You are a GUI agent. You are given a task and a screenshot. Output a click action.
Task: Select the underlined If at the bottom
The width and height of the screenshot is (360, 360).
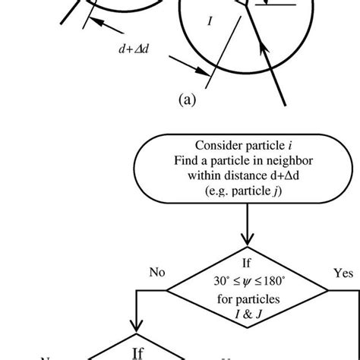[137, 353]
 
